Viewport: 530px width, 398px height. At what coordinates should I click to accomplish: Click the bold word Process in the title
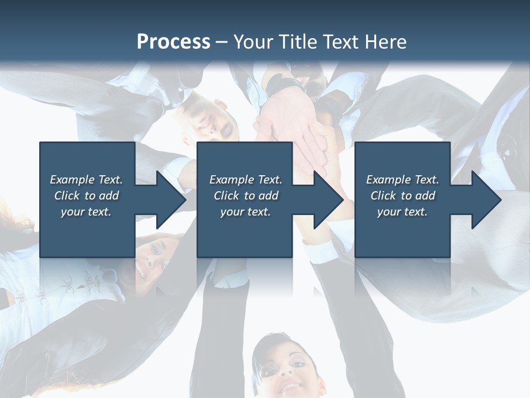[173, 42]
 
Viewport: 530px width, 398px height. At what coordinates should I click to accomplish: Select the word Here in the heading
[386, 42]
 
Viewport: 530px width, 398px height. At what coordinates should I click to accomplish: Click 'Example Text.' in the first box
[86, 180]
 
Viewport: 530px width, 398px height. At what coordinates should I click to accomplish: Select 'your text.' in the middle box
[245, 212]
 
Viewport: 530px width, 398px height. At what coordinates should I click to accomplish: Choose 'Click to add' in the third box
[402, 196]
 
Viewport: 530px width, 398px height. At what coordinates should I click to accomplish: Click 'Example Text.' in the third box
[402, 180]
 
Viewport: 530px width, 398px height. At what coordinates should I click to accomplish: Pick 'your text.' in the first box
[86, 212]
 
